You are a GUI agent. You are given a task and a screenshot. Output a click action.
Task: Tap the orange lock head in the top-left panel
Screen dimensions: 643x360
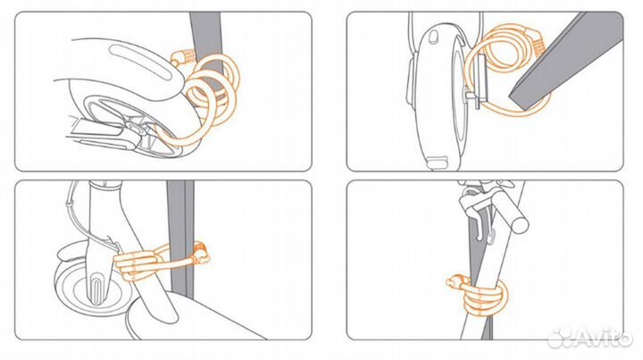click(x=182, y=56)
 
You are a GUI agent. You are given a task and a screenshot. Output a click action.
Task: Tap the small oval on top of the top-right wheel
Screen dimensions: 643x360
click(x=433, y=37)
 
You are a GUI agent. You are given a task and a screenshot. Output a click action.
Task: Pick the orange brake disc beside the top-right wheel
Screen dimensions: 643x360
click(x=480, y=81)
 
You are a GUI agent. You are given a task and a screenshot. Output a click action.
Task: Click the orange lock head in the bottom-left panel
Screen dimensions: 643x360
click(x=202, y=254)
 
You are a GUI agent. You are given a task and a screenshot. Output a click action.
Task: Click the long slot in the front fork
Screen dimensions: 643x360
click(x=96, y=287)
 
